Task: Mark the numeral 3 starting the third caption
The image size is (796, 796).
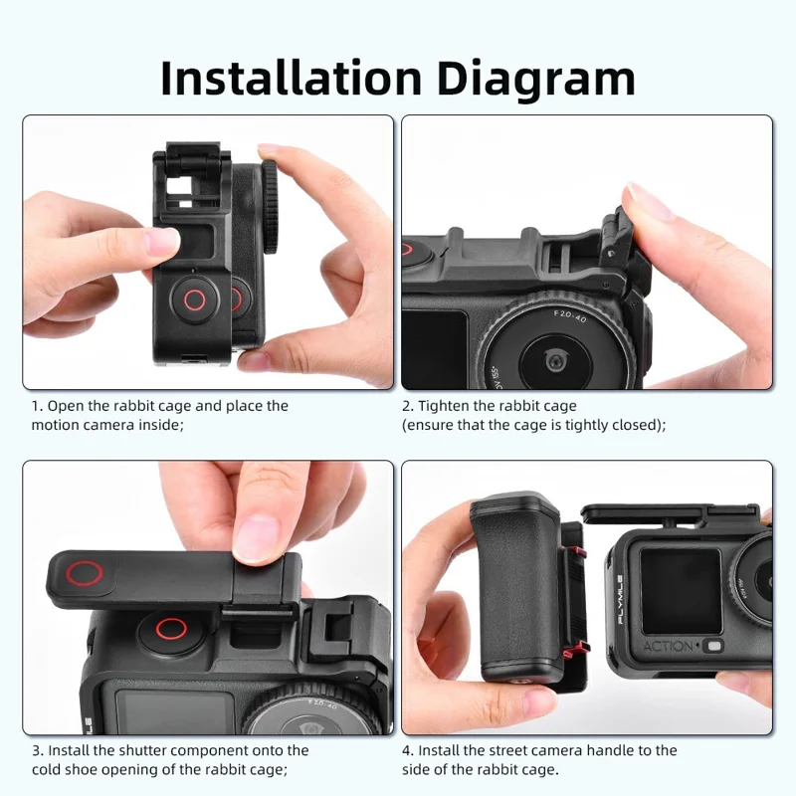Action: pyautogui.click(x=35, y=750)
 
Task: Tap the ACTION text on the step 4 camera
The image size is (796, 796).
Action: pyautogui.click(x=669, y=647)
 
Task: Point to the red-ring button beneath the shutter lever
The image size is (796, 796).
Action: pyautogui.click(x=170, y=629)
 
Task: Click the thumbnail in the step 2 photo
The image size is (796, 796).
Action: pyautogui.click(x=652, y=204)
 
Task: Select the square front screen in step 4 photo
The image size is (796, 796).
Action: pyautogui.click(x=681, y=590)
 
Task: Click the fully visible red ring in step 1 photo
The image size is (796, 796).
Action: pyautogui.click(x=195, y=299)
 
